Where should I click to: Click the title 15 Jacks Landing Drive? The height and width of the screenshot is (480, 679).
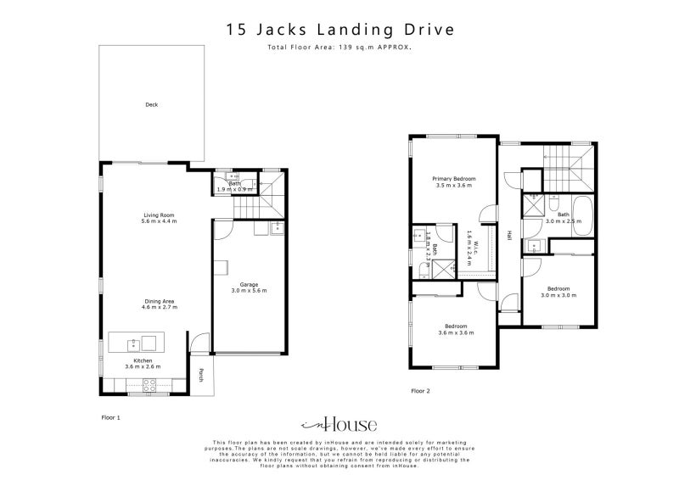pos(339,29)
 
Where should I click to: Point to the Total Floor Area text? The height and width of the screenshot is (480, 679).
pos(339,47)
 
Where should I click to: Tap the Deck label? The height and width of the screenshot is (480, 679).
pos(151,105)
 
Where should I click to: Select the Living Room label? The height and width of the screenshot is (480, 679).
pos(159,217)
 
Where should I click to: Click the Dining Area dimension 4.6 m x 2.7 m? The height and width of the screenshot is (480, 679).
pos(159,307)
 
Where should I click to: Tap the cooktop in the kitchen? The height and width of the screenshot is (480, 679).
pos(148,384)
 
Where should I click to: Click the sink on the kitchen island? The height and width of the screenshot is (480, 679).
pos(132,343)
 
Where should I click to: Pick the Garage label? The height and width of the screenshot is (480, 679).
pos(249,286)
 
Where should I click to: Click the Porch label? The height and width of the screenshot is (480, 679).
pos(200,374)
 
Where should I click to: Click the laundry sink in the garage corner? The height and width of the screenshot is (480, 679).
pos(277,228)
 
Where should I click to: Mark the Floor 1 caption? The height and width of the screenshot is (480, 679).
pos(111,418)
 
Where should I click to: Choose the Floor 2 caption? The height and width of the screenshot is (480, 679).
pos(421,391)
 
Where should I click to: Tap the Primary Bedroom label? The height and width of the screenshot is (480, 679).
pos(453,181)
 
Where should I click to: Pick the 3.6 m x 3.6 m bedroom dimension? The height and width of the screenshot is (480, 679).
pos(456,332)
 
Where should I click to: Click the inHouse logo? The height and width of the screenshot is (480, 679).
pos(339,424)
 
